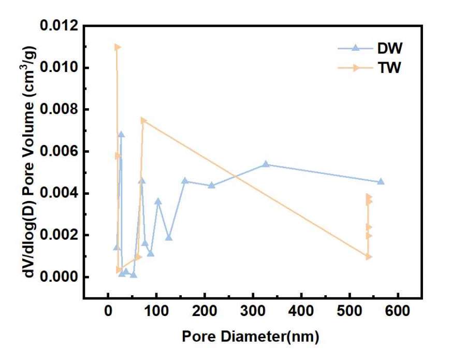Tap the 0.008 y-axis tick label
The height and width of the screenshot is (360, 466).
59,110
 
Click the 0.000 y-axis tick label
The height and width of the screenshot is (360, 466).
59,277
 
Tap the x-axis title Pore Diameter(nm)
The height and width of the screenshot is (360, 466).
250,337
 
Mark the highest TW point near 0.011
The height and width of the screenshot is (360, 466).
117,47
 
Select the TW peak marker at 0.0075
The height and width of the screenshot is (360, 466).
143,120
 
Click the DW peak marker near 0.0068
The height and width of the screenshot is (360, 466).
121,134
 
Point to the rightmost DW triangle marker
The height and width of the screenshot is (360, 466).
381,181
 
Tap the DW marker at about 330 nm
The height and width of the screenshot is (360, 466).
266,164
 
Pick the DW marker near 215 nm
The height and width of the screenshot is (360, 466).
211,185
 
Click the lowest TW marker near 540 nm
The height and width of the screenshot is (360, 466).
369,256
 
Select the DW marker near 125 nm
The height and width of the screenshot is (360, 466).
168,237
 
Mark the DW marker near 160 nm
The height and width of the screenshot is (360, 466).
185,181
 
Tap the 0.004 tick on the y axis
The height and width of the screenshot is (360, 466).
59,193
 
